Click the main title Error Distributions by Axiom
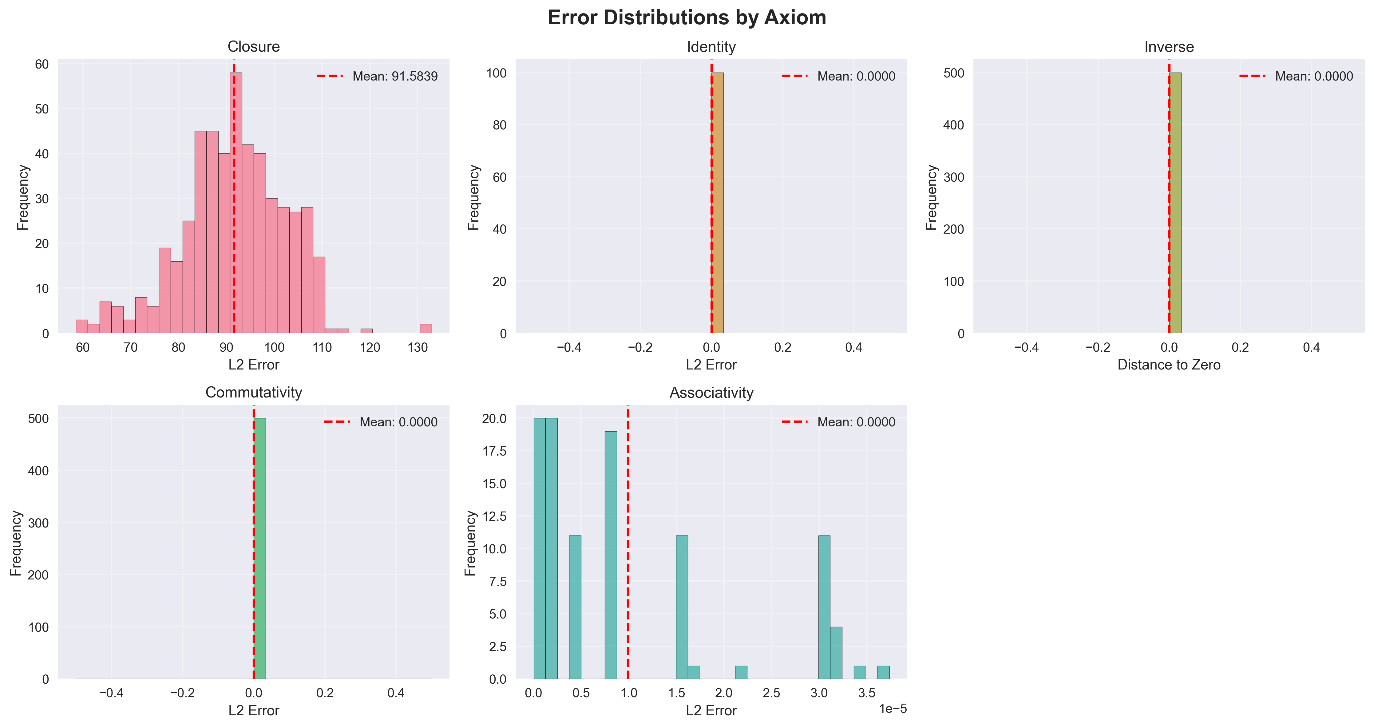(x=687, y=18)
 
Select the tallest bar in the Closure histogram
(x=236, y=203)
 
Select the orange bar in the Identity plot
(x=717, y=203)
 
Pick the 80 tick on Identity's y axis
(x=499, y=125)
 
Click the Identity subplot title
(x=711, y=47)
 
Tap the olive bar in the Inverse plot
(x=1175, y=203)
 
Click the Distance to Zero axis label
(x=1169, y=365)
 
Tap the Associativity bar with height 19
(x=611, y=555)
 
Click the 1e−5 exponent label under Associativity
(x=892, y=708)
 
